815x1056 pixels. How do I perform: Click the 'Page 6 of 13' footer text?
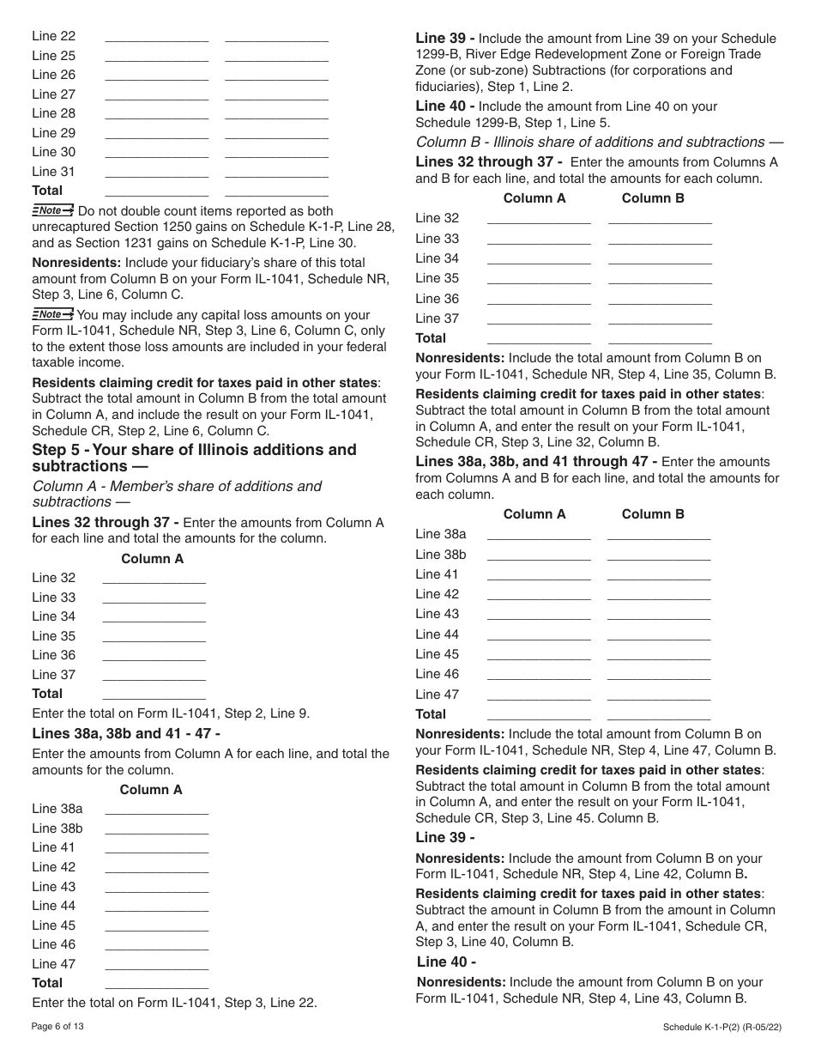58,1026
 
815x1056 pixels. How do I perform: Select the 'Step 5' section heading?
194,458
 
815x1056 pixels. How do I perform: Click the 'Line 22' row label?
54,36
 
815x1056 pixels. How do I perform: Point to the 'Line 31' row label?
54,171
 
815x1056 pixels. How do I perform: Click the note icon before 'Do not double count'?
52,210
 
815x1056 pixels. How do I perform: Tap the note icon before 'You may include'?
52,314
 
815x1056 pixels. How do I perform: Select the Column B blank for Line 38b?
659,555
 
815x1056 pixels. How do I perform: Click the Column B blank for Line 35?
660,278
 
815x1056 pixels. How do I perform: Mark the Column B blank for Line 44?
659,634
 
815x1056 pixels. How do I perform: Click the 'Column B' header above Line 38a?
653,514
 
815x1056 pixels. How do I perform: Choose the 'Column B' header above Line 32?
653,198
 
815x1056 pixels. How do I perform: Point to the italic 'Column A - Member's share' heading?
177,494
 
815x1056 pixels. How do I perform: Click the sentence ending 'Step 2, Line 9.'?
171,713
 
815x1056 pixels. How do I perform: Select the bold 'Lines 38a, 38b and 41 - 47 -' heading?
126,733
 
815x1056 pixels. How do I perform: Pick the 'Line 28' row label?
54,113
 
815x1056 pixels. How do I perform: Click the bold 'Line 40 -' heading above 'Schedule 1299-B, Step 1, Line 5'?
445,106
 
